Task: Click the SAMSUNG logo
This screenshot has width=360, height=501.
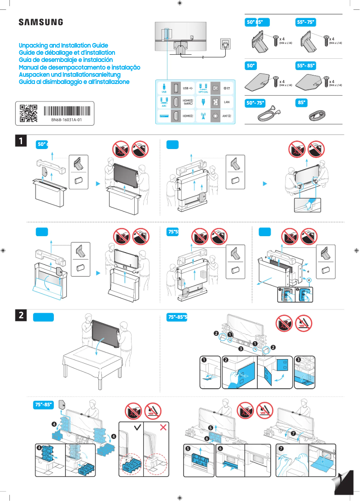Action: coord(40,22)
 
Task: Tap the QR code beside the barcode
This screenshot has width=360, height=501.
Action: coord(28,114)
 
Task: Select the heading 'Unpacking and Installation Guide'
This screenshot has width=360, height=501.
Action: coord(63,46)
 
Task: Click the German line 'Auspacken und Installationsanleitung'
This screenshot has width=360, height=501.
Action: coord(70,75)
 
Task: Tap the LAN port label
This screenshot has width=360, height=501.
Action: coord(227,102)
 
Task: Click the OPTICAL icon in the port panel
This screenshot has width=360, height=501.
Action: coord(203,88)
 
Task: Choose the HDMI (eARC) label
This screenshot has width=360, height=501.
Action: coord(188,102)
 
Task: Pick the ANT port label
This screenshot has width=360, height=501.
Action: coord(227,116)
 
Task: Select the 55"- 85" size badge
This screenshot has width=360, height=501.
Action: coord(306,66)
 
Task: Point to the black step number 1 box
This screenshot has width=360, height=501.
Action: coord(21,141)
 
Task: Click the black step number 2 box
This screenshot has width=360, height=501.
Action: coord(21,315)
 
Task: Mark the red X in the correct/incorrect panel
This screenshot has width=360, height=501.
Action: coord(162,426)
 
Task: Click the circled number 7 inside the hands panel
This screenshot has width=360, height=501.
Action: coord(281,448)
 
